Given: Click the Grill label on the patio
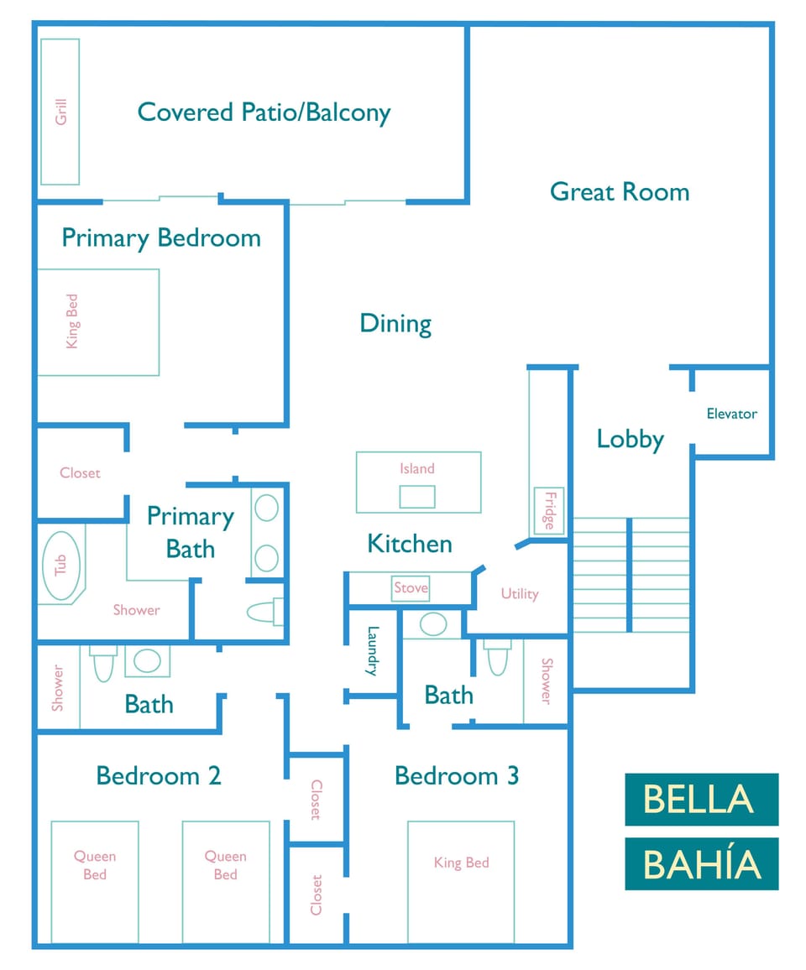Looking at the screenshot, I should click(x=60, y=112).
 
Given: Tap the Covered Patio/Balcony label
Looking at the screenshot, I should click(x=264, y=112).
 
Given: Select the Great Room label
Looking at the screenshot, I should click(x=620, y=192).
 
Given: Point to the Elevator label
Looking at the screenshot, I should click(x=731, y=414).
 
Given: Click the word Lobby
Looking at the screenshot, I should click(x=630, y=439).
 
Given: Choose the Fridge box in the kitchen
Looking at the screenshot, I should click(x=549, y=511).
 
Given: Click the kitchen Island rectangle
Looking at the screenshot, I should click(x=418, y=482).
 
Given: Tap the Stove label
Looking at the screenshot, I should click(x=411, y=588).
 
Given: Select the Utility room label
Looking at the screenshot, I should click(x=519, y=594).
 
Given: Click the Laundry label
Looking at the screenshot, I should click(x=373, y=651).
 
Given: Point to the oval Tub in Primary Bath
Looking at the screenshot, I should click(x=60, y=566).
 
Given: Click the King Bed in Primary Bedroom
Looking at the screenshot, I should click(x=97, y=322).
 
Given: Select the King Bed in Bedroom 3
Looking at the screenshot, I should click(x=461, y=881).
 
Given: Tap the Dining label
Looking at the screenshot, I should click(x=395, y=324).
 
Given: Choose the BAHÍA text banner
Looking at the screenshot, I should click(x=701, y=863).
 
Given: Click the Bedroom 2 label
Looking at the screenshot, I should click(x=159, y=775).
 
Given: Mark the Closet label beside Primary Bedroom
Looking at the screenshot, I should click(x=80, y=473).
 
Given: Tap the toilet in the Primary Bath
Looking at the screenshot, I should click(x=265, y=612).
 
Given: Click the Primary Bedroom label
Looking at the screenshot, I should click(x=161, y=238).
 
